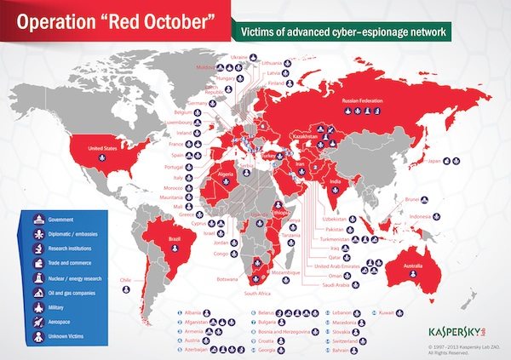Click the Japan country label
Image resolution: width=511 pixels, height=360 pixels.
436,161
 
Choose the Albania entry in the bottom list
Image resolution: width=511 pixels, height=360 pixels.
194,313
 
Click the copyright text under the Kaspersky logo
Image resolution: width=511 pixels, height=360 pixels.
466,349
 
